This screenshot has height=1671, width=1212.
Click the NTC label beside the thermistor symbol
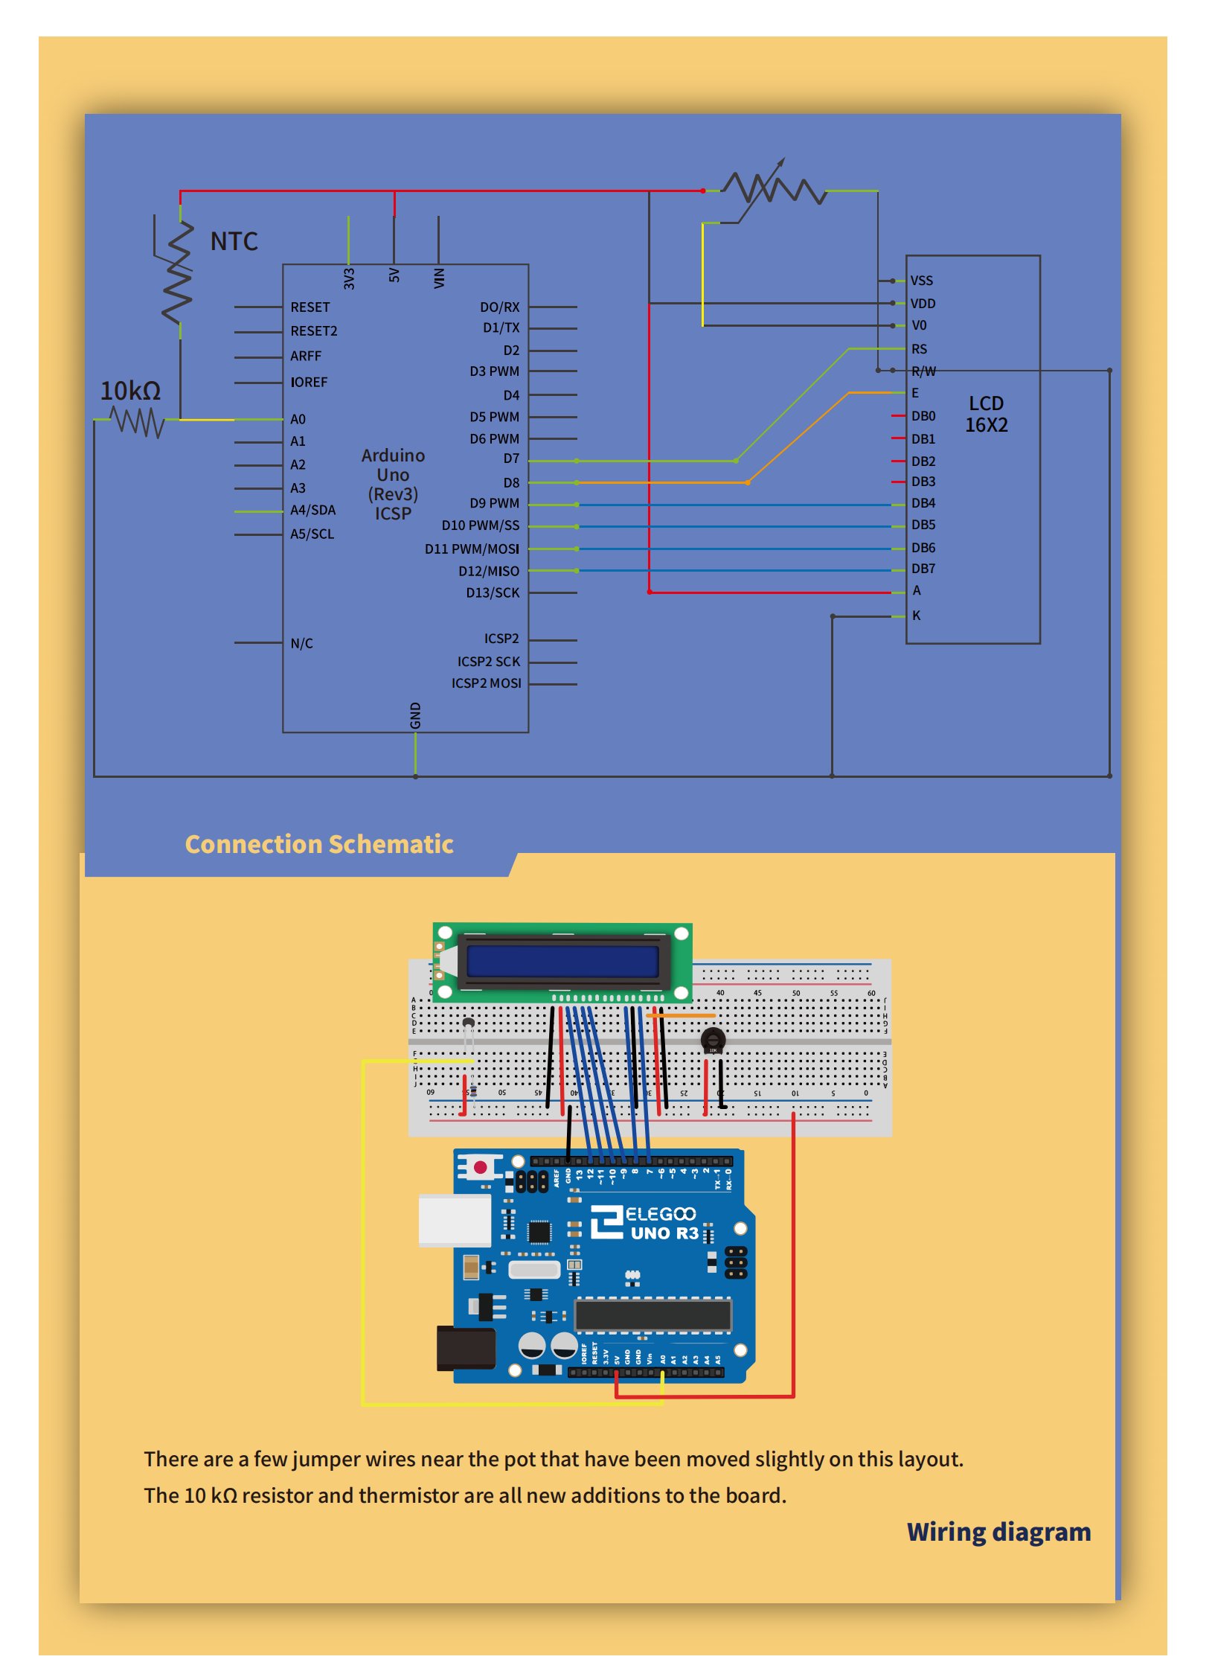(x=234, y=241)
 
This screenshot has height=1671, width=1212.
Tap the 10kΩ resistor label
(x=130, y=391)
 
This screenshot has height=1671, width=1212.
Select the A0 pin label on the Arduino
(x=298, y=419)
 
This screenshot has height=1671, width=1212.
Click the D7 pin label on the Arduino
(x=511, y=459)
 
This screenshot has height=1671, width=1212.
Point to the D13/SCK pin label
(x=493, y=592)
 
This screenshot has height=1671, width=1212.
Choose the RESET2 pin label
(x=313, y=330)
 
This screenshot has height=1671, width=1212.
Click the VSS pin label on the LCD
(x=921, y=281)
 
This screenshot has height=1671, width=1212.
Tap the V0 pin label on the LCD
(x=919, y=325)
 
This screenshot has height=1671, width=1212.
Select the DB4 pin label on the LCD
(x=923, y=503)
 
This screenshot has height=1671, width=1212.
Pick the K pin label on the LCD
(x=917, y=616)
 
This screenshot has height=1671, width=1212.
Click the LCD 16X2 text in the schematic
(x=986, y=414)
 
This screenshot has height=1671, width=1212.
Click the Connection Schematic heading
(x=318, y=844)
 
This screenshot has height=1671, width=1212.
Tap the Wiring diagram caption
(x=998, y=1532)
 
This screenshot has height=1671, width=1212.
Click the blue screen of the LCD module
(x=563, y=961)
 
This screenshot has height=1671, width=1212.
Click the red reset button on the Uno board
(x=480, y=1167)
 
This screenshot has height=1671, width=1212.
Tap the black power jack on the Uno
(x=466, y=1347)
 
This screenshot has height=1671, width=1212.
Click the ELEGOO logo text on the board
(x=660, y=1214)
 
